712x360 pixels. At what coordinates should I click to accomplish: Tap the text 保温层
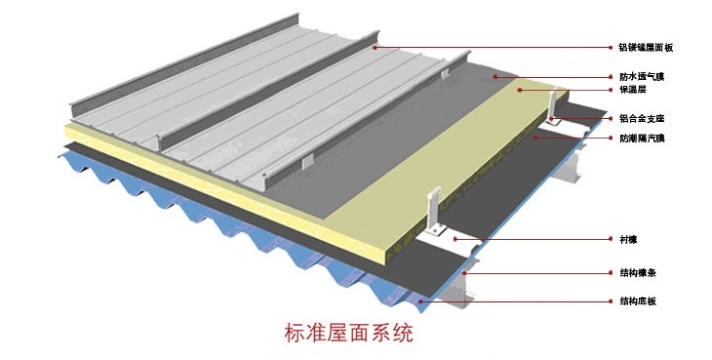coord(633,90)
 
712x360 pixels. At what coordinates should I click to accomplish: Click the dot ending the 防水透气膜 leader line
coord(494,75)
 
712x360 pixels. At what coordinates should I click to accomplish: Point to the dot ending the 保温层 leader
coord(522,90)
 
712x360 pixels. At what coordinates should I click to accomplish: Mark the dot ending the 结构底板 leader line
coord(449,301)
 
